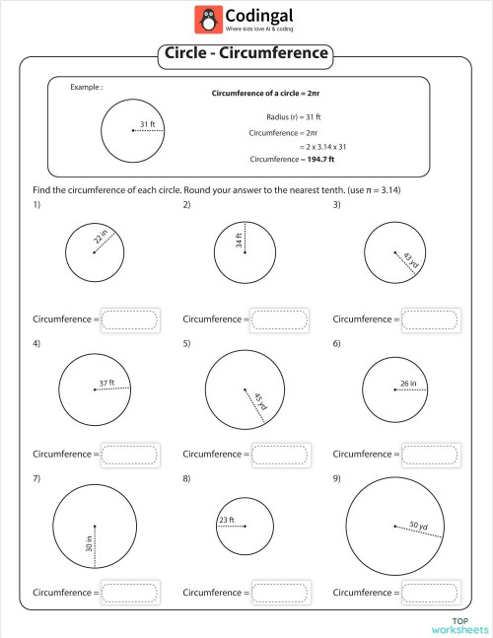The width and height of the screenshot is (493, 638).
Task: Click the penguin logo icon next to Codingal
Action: pyautogui.click(x=207, y=19)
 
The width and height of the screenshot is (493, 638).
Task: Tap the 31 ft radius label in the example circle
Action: pyautogui.click(x=147, y=124)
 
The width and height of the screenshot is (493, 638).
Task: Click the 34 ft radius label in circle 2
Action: pyautogui.click(x=239, y=240)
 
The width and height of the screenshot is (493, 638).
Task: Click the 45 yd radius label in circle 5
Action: pyautogui.click(x=259, y=402)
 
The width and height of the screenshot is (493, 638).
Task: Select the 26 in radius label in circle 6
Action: pyautogui.click(x=408, y=382)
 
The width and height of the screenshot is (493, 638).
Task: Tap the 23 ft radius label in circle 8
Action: pyautogui.click(x=226, y=520)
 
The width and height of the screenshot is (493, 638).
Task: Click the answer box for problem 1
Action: pyautogui.click(x=130, y=319)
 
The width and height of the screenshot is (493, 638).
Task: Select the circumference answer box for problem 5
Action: pyautogui.click(x=280, y=454)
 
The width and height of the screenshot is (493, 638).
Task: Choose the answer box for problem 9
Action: pyautogui.click(x=430, y=593)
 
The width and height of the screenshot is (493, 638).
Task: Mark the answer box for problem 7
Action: pyautogui.click(x=130, y=593)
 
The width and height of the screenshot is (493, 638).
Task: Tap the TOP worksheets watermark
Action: pyautogui.click(x=459, y=624)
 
